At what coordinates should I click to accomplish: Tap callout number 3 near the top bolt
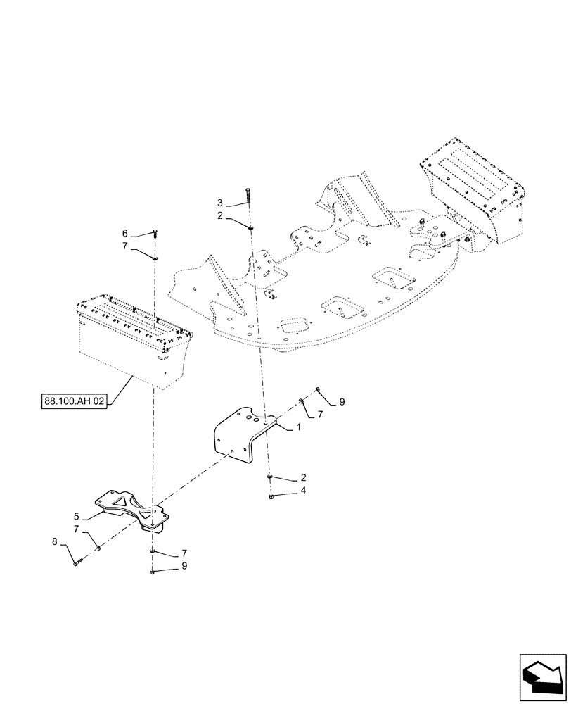point(219,203)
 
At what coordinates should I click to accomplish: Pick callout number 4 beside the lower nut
point(303,490)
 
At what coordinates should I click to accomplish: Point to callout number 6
point(125,233)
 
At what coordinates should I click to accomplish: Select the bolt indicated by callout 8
point(77,561)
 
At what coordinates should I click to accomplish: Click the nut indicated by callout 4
point(271,497)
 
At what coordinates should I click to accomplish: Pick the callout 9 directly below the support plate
point(184,565)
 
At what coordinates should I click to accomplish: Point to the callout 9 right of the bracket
point(342,401)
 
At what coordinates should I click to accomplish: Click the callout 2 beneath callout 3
point(219,217)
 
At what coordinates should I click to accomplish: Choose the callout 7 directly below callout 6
point(125,246)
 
